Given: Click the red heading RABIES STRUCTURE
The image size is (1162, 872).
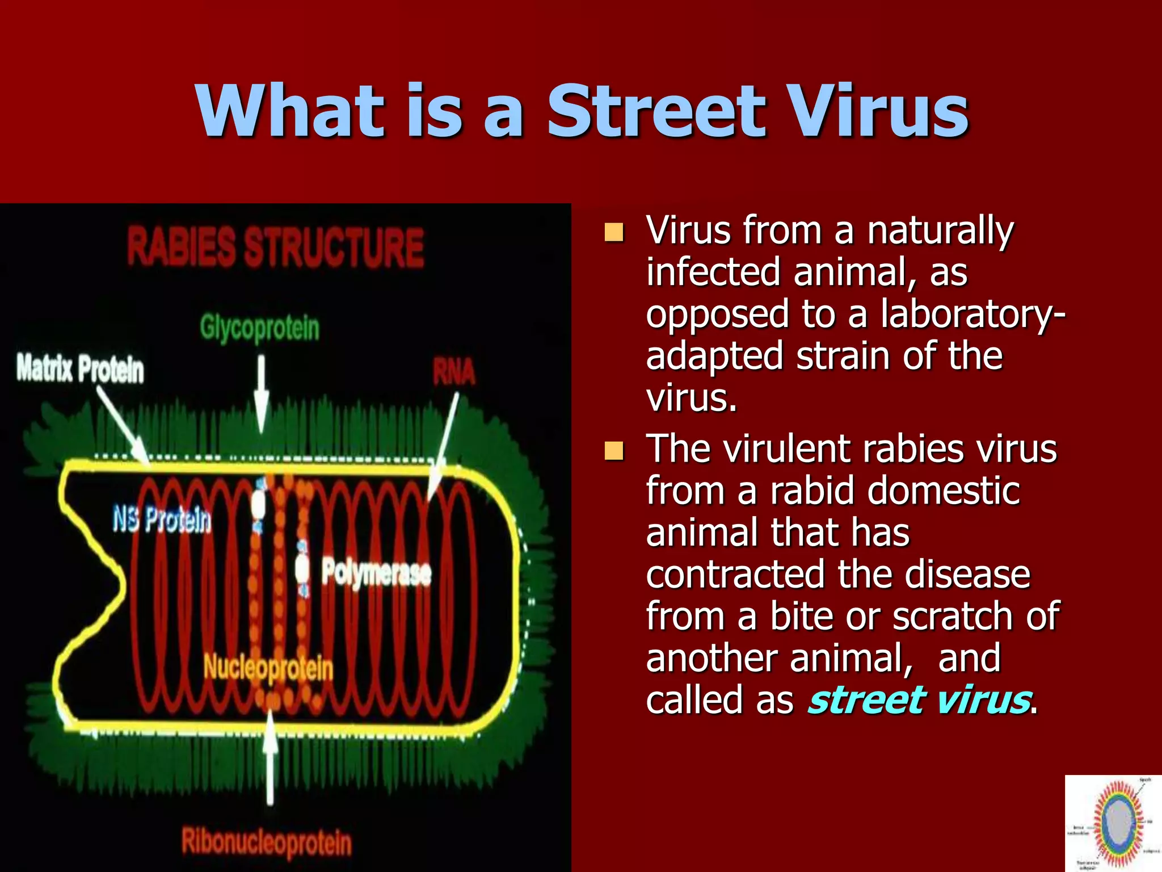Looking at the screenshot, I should click(x=276, y=246).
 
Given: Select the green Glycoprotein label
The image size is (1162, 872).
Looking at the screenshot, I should click(x=259, y=328).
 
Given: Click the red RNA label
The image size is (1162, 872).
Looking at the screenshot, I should click(x=453, y=372).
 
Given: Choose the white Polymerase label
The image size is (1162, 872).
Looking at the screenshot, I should click(x=376, y=572).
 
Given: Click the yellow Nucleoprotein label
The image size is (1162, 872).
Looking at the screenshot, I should click(x=268, y=668).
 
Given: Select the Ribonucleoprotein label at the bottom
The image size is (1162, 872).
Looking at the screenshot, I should click(x=267, y=841).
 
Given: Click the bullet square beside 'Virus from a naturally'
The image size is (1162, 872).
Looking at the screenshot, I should click(x=614, y=232).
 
